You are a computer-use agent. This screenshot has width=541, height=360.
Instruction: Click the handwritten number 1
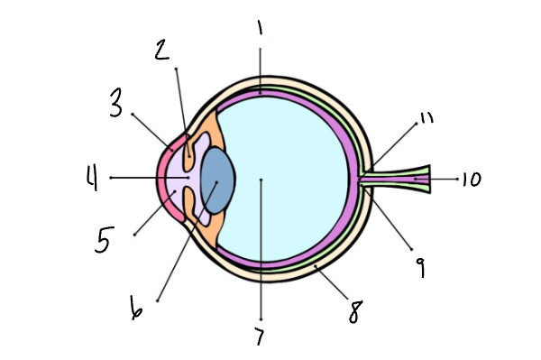(x=260, y=29)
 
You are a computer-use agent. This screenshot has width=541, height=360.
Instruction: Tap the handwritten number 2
(x=162, y=51)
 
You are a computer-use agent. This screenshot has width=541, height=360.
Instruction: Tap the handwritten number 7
(x=261, y=338)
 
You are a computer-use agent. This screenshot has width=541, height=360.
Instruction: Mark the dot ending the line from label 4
(x=111, y=178)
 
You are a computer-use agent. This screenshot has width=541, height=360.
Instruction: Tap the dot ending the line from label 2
(x=177, y=69)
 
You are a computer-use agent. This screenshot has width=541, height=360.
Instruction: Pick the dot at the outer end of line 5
(x=134, y=235)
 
